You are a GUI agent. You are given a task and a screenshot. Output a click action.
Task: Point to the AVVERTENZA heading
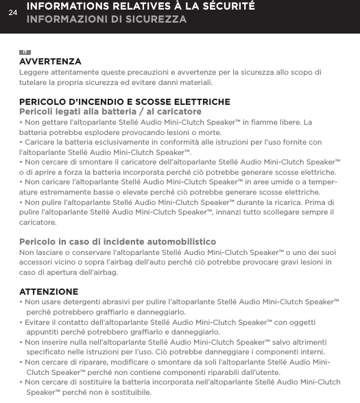tap(50, 62)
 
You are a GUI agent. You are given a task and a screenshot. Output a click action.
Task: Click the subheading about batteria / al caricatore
tap(100, 112)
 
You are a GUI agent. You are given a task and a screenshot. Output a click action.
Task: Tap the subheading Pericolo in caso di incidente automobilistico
tap(117, 243)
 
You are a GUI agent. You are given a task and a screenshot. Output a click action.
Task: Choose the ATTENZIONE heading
tap(49, 291)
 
